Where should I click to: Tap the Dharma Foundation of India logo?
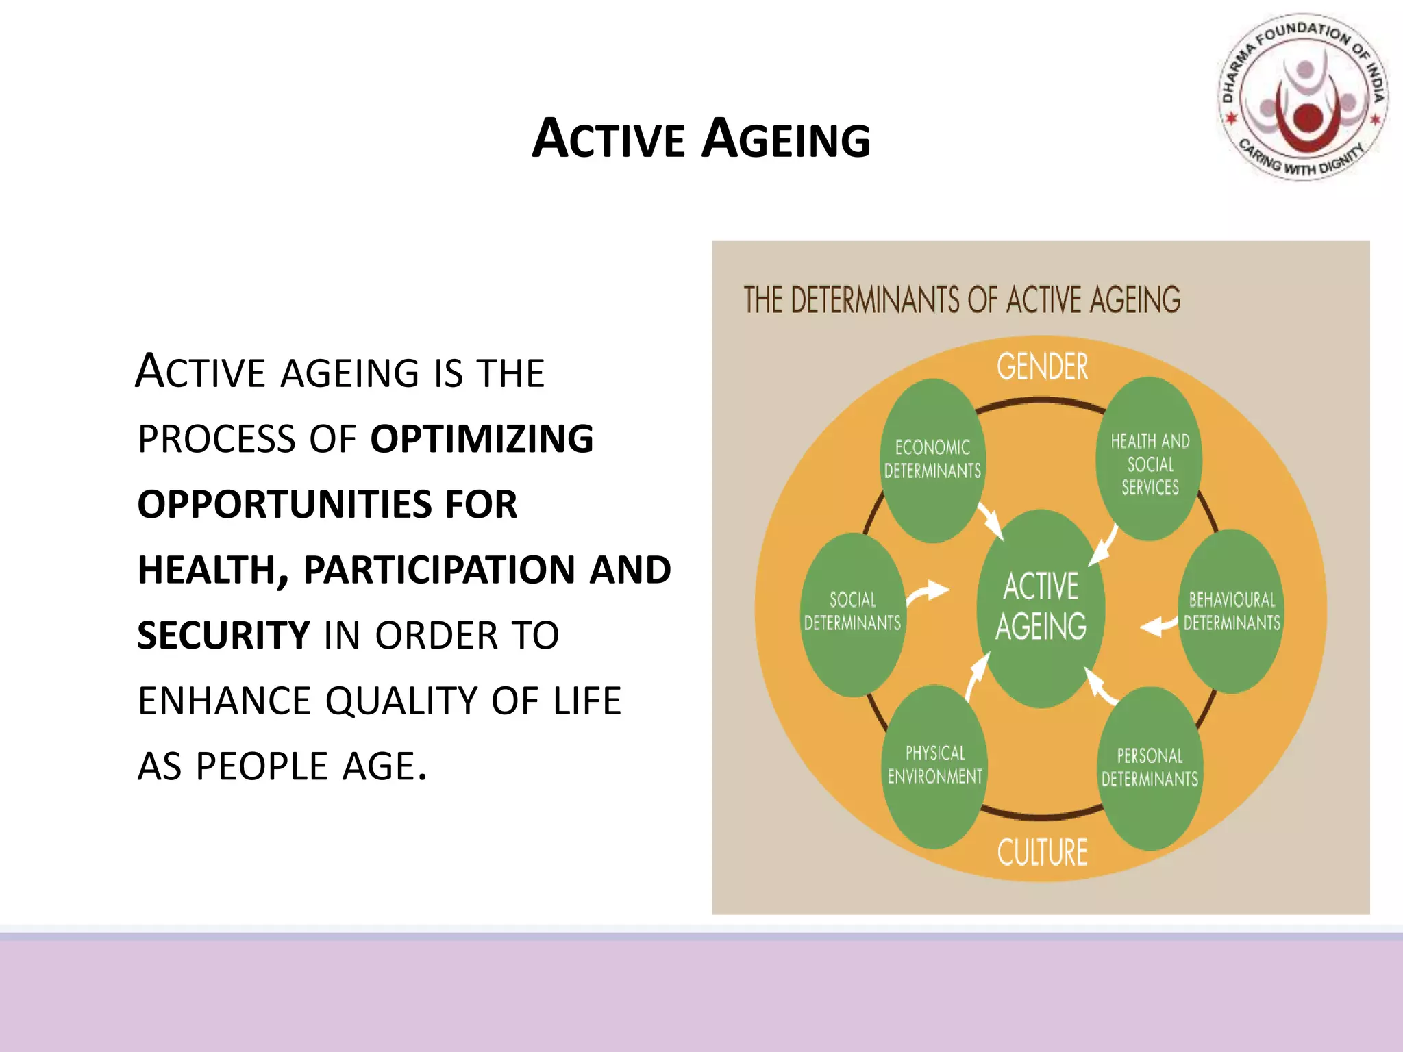tap(1304, 98)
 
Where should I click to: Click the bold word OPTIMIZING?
tap(482, 439)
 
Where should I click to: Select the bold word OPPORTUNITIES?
tap(284, 505)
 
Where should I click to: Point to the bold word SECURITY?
tap(223, 636)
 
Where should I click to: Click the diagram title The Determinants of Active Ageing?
tap(962, 300)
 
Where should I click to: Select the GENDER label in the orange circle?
tap(1042, 367)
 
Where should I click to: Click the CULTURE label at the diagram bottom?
tap(1042, 853)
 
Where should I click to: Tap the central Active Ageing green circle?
tap(1041, 608)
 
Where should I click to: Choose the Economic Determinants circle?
tap(932, 460)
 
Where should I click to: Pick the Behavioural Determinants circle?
tap(1231, 611)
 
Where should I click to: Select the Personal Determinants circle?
tap(1150, 767)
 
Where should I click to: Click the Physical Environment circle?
tap(934, 765)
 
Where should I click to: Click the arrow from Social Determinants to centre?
tap(928, 592)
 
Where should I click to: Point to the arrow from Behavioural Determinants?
tap(1159, 625)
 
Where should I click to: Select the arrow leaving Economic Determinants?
tap(991, 522)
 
